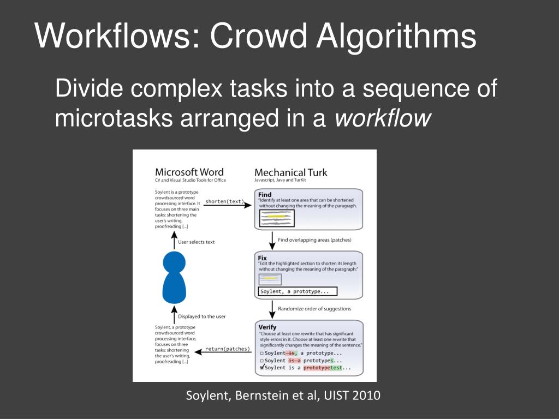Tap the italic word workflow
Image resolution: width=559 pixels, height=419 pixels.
click(x=383, y=118)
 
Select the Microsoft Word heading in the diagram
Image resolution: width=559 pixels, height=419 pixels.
click(x=189, y=172)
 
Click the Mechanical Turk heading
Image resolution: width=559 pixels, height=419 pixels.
click(x=290, y=172)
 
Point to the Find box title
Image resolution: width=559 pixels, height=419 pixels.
click(x=265, y=195)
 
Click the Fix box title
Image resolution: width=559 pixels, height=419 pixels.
click(x=263, y=258)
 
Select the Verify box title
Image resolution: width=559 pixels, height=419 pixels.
click(x=267, y=327)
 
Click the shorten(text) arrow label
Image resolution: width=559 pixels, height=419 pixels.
click(x=225, y=202)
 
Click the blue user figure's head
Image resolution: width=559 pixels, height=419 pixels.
click(x=175, y=261)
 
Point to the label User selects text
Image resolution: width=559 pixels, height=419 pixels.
click(x=197, y=242)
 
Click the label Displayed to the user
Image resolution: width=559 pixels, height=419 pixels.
click(x=201, y=316)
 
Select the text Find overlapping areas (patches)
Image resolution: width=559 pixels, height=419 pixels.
click(x=314, y=240)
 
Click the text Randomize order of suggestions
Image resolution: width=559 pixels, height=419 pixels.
click(x=314, y=309)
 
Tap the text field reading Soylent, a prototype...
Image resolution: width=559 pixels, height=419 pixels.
click(x=298, y=291)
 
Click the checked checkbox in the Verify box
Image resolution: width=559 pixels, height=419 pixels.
click(x=262, y=367)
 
